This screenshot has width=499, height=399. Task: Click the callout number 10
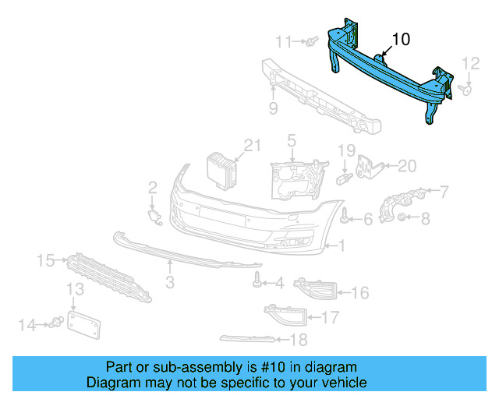click(x=400, y=38)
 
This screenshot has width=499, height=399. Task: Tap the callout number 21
click(x=250, y=144)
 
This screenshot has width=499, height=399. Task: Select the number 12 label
click(x=471, y=63)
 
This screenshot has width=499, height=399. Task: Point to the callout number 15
click(x=45, y=259)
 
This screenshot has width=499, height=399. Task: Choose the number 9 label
click(x=273, y=108)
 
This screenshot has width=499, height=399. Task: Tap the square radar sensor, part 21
click(x=220, y=171)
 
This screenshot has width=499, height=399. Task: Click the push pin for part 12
click(x=467, y=90)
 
